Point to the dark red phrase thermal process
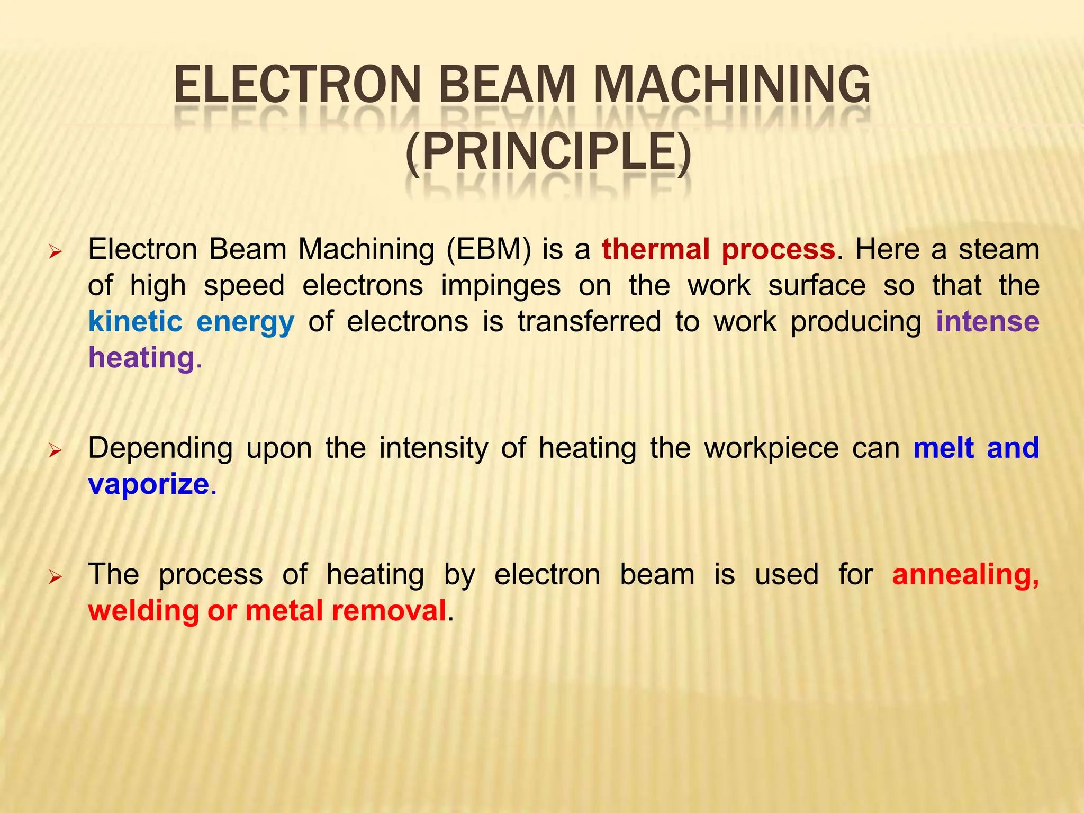click(x=718, y=249)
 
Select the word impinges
click(x=501, y=286)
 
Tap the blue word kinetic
click(x=135, y=322)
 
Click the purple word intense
click(x=988, y=322)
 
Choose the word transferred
click(x=589, y=322)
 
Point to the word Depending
click(x=160, y=449)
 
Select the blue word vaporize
click(x=149, y=485)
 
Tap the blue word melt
click(x=943, y=449)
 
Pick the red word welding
click(x=143, y=611)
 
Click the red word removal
click(x=389, y=611)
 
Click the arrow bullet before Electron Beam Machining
click(x=55, y=252)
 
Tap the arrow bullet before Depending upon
click(x=55, y=451)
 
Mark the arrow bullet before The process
click(x=55, y=577)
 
